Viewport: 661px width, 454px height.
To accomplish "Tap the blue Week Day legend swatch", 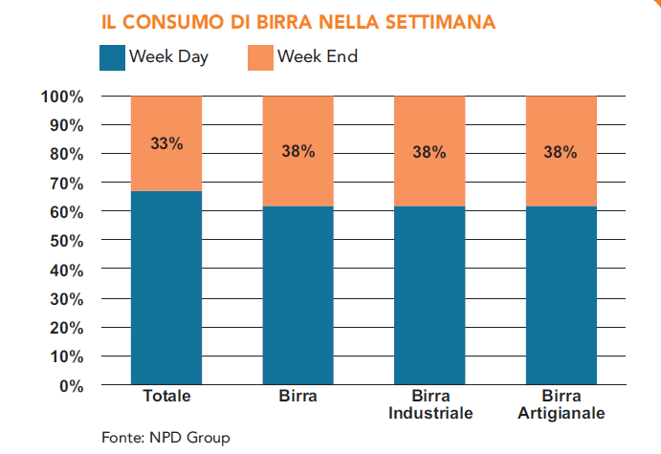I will pos(112,57).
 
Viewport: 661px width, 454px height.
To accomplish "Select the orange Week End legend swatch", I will pos(259,57).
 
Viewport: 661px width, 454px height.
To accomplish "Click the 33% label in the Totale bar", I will pos(166,143).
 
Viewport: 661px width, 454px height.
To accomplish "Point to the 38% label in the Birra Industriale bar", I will pos(430,151).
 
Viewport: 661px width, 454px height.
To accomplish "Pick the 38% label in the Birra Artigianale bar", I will pos(561,151).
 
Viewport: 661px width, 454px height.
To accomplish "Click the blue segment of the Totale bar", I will pos(166,287).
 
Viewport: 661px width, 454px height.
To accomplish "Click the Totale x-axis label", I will pos(166,396).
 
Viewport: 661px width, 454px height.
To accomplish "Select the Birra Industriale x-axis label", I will pos(430,404).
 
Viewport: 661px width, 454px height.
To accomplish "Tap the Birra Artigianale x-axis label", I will pos(561,404).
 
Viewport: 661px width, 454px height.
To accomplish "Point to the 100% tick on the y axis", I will pos(63,97).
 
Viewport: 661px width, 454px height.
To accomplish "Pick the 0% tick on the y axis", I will pos(72,385).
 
